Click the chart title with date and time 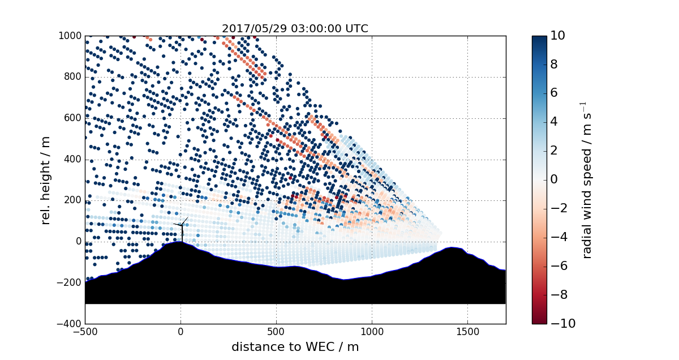(x=295, y=28)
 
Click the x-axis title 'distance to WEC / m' (x=295, y=347)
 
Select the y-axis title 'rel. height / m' (x=46, y=179)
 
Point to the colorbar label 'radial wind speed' (x=587, y=179)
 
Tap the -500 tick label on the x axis (x=85, y=332)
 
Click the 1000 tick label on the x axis (x=372, y=332)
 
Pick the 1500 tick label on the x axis (x=467, y=332)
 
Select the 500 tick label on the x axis (x=276, y=332)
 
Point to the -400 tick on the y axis (x=71, y=324)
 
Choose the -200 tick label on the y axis (x=71, y=282)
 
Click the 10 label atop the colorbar (x=558, y=36)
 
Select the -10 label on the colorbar (x=560, y=324)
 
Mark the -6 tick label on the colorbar (x=558, y=266)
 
